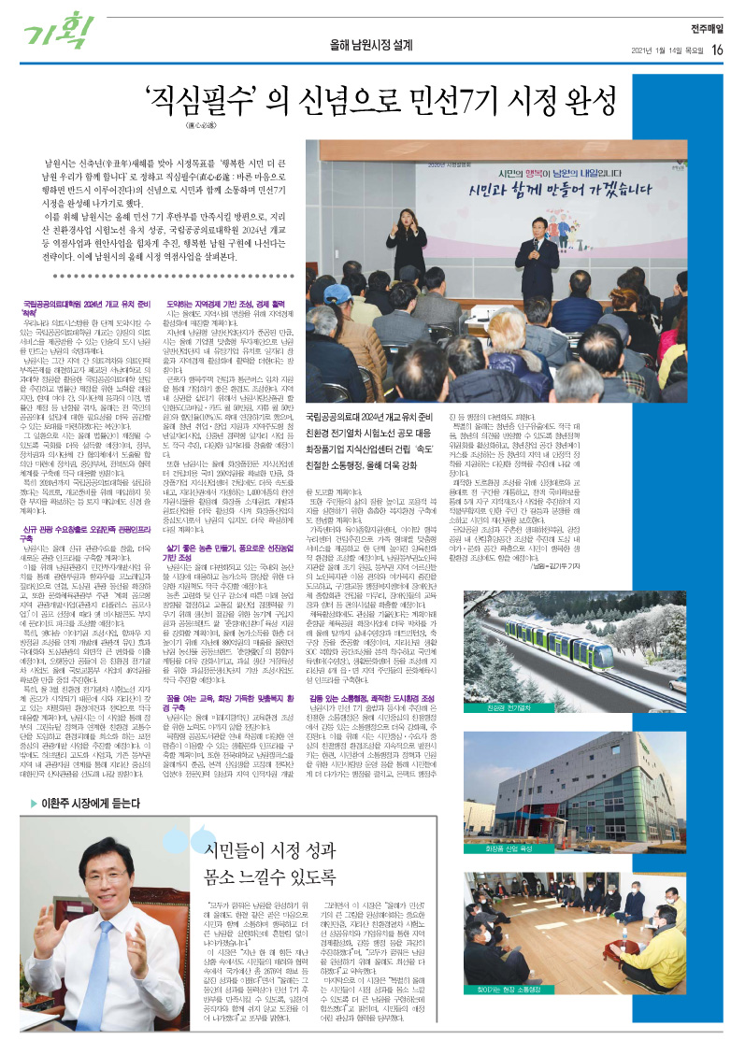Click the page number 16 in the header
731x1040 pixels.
(x=716, y=50)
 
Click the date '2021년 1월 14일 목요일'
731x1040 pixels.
(x=658, y=50)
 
